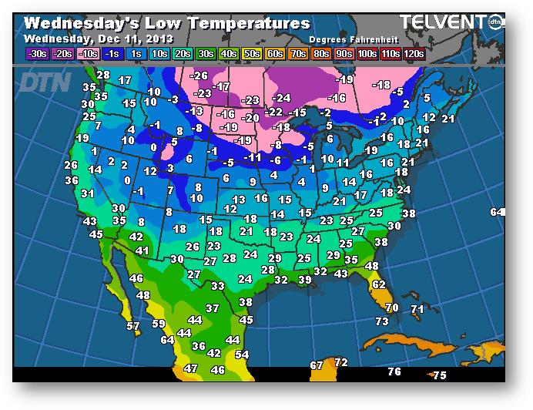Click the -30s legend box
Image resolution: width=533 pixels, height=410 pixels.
tap(36, 54)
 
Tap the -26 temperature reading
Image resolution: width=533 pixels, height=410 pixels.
tap(199, 76)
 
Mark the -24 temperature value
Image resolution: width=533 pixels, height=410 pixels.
tap(281, 98)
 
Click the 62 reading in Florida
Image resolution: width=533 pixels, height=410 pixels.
tap(378, 284)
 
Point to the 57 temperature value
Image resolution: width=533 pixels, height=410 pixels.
tap(133, 327)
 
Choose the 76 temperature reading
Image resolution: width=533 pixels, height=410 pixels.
tap(394, 372)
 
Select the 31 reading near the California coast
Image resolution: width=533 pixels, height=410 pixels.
tap(88, 193)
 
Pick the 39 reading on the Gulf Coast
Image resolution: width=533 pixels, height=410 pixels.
tap(304, 280)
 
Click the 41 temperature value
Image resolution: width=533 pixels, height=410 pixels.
tap(142, 251)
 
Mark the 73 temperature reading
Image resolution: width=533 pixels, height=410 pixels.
tap(382, 321)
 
